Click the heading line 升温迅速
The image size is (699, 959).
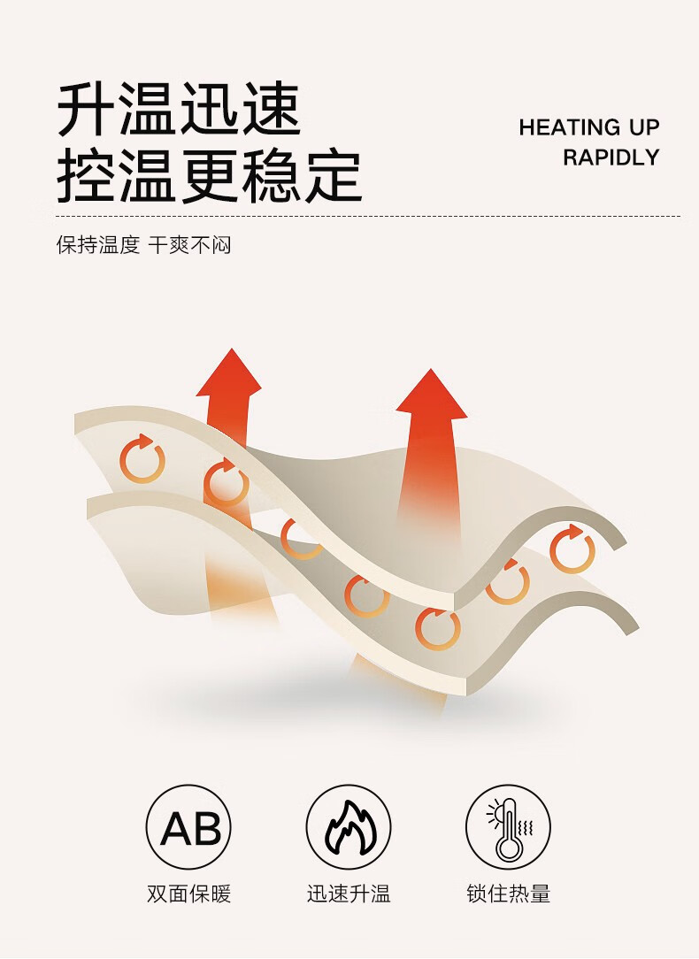point(180,111)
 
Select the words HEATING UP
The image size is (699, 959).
point(589,127)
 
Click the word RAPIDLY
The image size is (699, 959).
point(611,157)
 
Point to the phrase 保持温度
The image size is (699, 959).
point(98,245)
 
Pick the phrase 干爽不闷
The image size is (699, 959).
point(189,245)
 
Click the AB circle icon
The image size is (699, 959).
point(188,827)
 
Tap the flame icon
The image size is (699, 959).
point(349,827)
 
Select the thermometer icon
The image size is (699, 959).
point(509,827)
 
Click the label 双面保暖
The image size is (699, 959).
point(188,894)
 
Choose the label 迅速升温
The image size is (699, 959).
point(349,894)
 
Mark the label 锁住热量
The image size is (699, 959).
point(509,894)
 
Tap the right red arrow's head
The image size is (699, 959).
point(431,395)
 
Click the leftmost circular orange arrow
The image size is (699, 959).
point(142,460)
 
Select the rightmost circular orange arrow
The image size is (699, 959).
point(572,549)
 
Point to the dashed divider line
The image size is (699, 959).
point(367,216)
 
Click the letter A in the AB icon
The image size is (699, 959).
point(175,829)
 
